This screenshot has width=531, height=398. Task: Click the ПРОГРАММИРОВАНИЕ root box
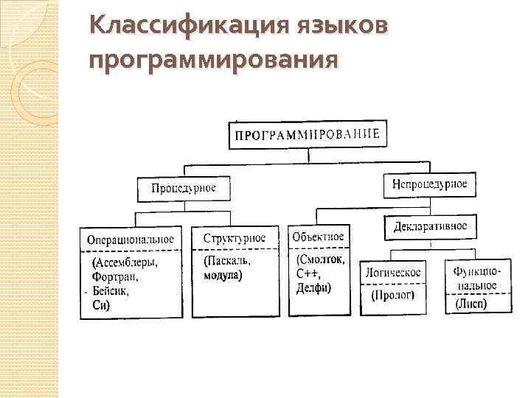307,134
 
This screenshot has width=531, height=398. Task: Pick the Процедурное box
184,188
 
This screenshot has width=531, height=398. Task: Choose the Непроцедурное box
430,184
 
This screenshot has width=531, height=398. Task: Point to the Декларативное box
430,226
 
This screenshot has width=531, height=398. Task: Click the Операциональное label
131,239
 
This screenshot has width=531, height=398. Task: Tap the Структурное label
234,239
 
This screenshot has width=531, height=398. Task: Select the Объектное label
318,237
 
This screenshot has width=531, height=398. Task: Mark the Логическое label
393,273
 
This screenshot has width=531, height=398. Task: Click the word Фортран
114,277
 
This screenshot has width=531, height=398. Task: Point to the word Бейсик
111,291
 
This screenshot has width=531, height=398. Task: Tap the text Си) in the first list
100,304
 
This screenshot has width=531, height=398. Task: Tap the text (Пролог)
393,296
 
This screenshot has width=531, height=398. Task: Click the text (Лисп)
471,303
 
